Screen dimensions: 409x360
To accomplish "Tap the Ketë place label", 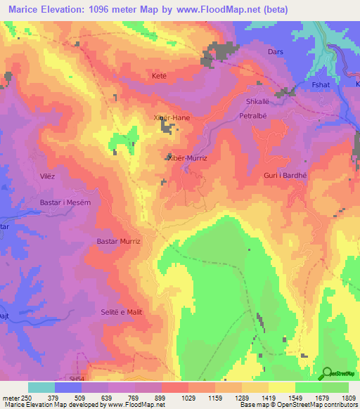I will click(159, 75).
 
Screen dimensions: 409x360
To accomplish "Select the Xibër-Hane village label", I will click(172, 117).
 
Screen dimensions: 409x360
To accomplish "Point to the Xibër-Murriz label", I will click(189, 159).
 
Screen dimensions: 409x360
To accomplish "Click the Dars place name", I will click(276, 52).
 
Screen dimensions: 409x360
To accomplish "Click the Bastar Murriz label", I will click(119, 241).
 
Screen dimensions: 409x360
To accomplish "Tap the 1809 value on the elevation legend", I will click(348, 398).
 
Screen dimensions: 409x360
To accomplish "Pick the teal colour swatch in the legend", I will click(41, 387).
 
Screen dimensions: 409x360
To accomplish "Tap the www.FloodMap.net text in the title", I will click(215, 8).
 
